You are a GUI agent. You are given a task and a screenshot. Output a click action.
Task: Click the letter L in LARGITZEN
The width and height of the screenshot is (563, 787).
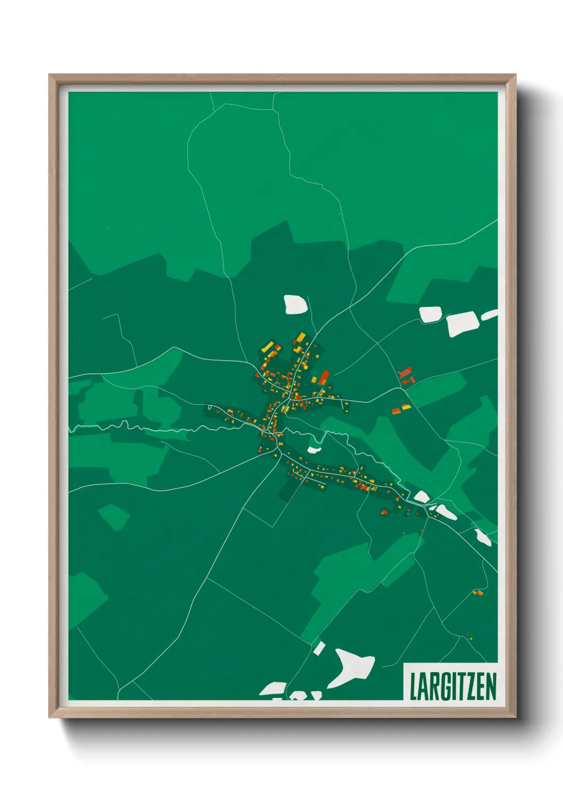pyautogui.click(x=413, y=686)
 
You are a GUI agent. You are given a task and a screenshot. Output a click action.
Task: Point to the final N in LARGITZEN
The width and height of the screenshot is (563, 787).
pyautogui.click(x=491, y=686)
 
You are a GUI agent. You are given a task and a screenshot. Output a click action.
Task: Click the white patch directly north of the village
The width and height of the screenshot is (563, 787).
pyautogui.click(x=295, y=304)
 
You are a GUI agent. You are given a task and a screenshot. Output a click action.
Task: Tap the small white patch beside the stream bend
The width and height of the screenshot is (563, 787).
pyautogui.click(x=314, y=450)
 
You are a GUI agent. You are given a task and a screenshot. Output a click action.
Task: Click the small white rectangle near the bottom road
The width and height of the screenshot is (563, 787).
pyautogui.click(x=319, y=648)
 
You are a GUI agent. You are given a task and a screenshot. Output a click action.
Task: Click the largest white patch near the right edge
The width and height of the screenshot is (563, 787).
pyautogui.click(x=462, y=323)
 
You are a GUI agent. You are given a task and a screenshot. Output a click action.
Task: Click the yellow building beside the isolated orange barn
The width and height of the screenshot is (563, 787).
pyautogui.click(x=407, y=407)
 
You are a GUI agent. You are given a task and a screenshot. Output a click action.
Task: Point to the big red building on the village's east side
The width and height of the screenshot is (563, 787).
pyautogui.click(x=324, y=376)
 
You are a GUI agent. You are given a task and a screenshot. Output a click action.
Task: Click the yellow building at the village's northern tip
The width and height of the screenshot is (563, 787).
pyautogui.click(x=301, y=337)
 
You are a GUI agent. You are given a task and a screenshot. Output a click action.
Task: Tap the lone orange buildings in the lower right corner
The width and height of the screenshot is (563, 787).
pyautogui.click(x=478, y=592)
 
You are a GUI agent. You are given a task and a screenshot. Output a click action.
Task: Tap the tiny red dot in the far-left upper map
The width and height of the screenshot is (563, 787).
pyautogui.click(x=108, y=228)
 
